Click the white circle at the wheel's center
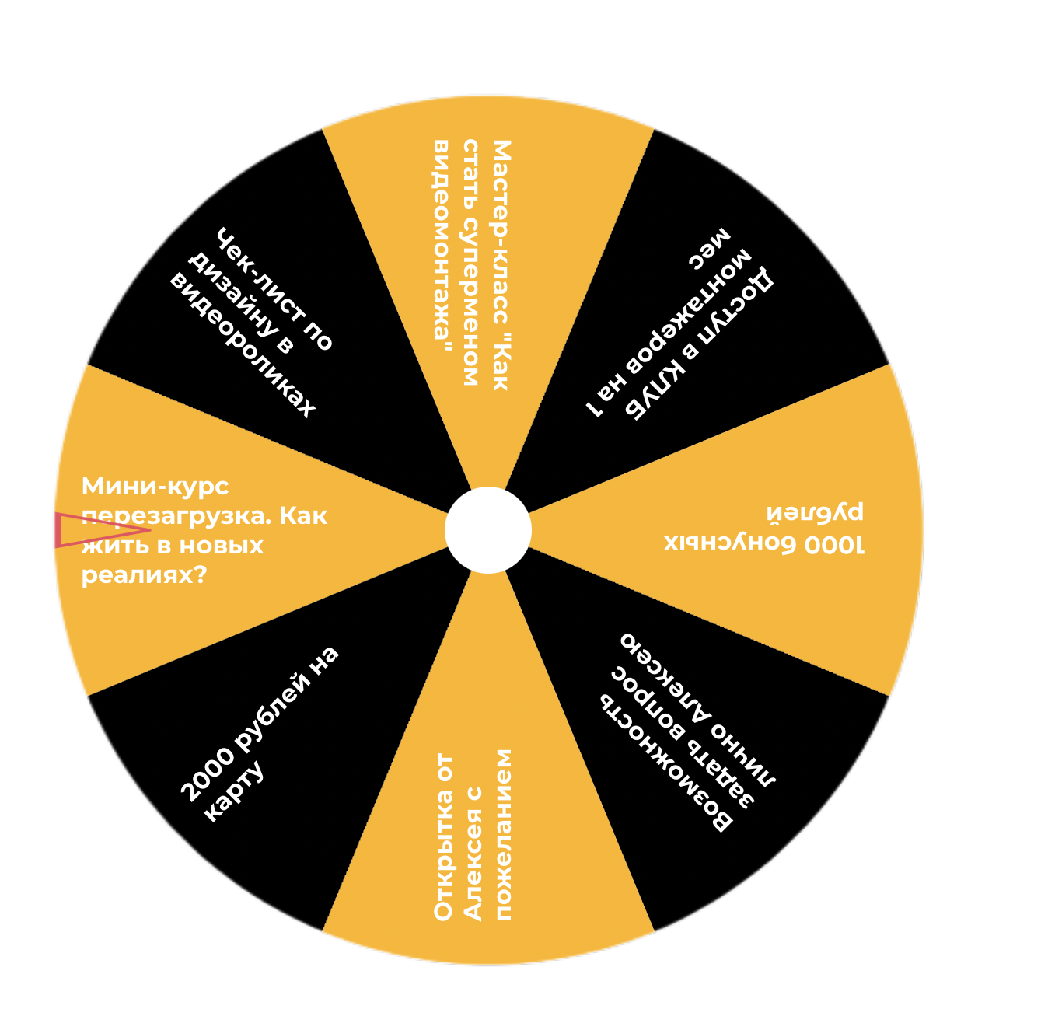[488, 530]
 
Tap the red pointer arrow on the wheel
[86, 530]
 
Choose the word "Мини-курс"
[155, 487]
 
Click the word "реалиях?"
[144, 575]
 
